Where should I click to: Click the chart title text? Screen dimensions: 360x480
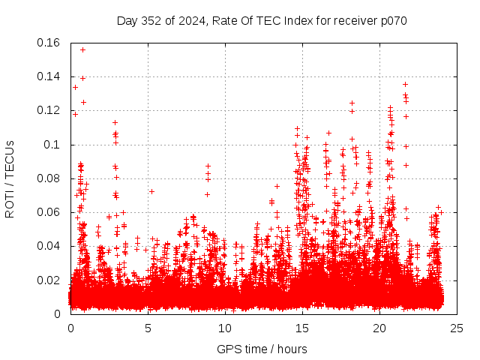262,20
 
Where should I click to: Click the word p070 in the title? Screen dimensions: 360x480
391,20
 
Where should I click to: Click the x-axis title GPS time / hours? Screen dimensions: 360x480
262,349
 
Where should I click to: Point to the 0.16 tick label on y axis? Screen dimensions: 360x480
49,43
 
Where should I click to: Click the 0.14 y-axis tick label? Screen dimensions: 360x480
49,76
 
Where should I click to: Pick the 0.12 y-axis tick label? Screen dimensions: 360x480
49,110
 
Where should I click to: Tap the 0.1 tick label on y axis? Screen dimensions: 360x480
54,144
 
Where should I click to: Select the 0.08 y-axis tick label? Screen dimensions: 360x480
49,178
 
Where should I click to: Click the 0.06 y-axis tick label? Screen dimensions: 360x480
49,212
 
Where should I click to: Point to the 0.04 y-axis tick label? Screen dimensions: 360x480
49,246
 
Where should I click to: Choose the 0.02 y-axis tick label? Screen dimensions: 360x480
49,280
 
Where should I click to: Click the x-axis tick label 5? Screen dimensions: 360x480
148,328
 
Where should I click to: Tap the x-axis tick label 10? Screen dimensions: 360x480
225,328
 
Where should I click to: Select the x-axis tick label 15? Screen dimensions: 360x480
302,328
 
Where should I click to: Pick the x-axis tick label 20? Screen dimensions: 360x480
379,328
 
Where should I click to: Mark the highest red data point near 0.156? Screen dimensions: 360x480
82,49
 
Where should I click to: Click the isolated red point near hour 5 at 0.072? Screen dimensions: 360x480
151,191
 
